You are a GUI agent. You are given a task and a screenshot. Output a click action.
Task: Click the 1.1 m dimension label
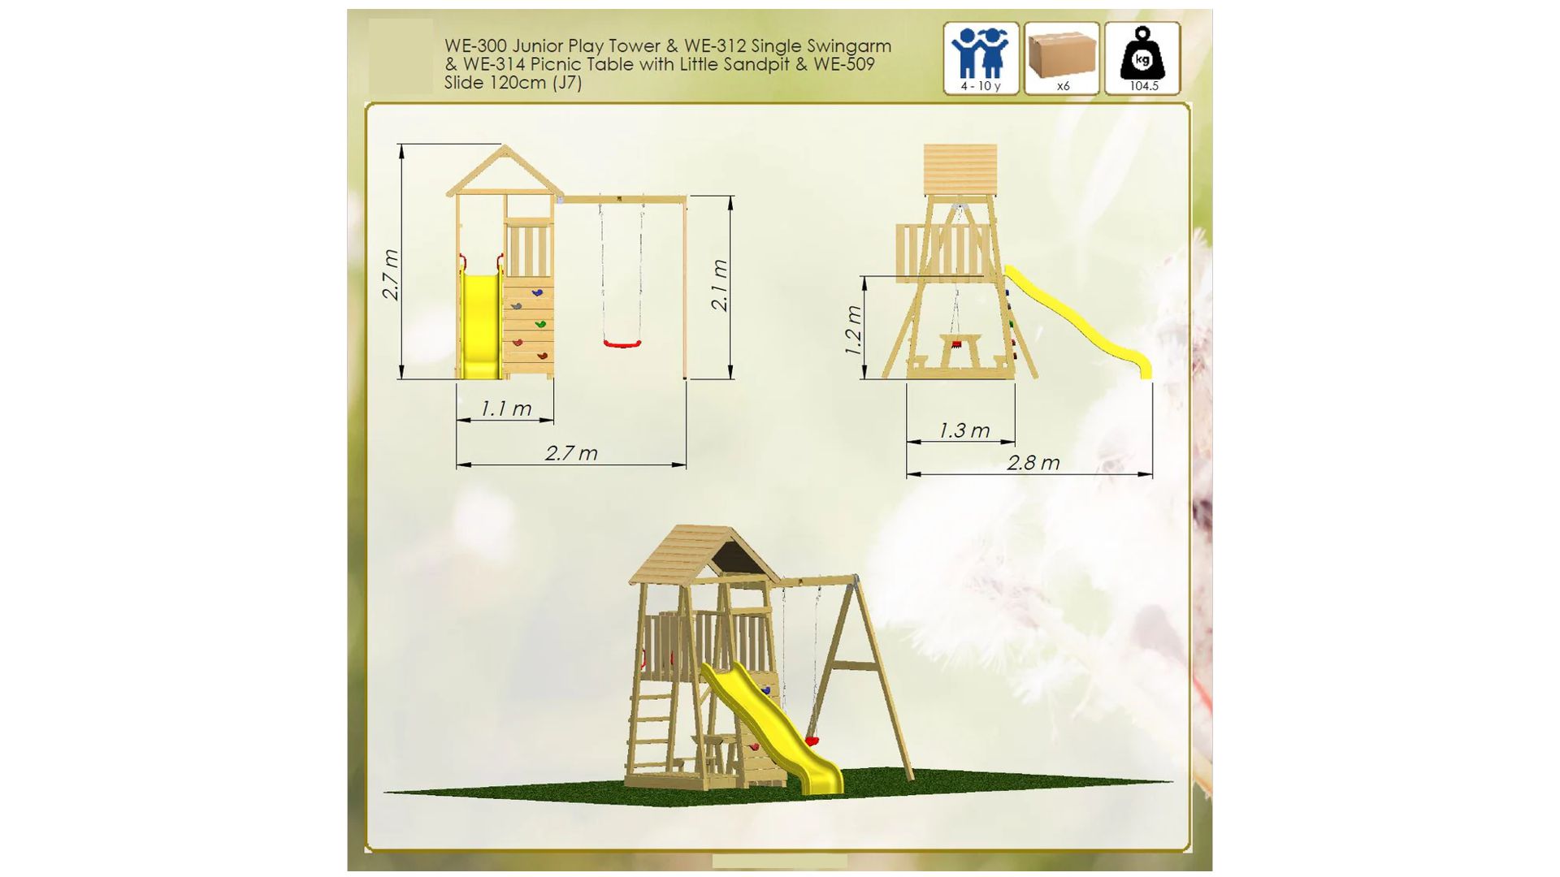click(505, 408)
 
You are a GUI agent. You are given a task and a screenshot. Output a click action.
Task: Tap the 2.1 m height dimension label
click(719, 285)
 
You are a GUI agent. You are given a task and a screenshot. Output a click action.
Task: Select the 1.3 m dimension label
click(964, 430)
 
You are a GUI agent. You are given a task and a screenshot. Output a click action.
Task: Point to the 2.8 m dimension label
click(1033, 463)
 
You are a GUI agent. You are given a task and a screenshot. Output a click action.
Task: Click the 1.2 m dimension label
click(852, 330)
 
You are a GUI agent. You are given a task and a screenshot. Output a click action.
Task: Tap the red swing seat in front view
click(622, 343)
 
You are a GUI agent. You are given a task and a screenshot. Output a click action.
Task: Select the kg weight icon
click(1142, 53)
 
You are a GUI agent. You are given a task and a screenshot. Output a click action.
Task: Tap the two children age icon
click(981, 53)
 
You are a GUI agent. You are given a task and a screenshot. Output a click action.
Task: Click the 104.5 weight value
click(1144, 86)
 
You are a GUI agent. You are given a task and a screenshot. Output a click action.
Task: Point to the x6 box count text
click(1063, 86)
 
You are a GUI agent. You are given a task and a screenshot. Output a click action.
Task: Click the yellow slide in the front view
click(480, 325)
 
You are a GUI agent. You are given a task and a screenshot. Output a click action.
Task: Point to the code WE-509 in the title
click(843, 64)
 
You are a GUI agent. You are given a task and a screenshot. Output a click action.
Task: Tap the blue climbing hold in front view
click(537, 292)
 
